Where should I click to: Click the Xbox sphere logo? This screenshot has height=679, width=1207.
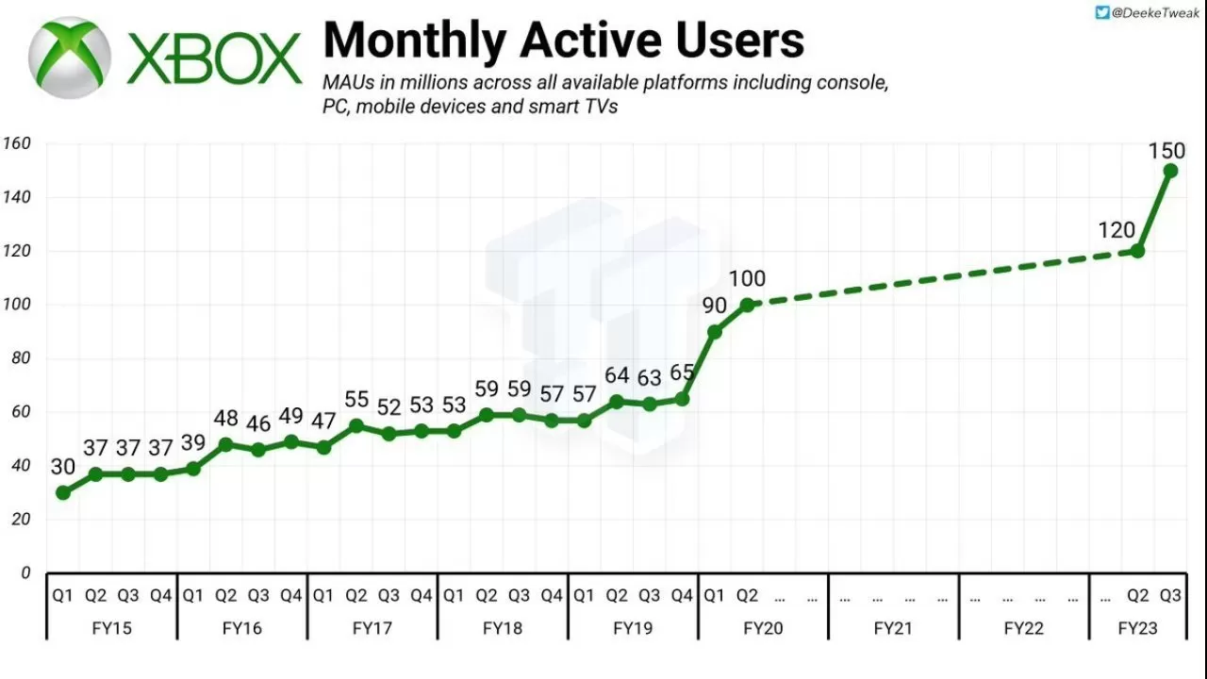point(70,57)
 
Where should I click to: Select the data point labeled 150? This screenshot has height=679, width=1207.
point(1170,171)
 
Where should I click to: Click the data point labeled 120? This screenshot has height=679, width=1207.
point(1137,251)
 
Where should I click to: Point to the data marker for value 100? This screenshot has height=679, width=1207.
point(747,305)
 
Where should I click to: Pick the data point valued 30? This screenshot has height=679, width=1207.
point(63,492)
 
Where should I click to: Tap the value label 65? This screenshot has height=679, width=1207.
point(683,372)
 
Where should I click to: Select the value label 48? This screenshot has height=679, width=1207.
point(225,419)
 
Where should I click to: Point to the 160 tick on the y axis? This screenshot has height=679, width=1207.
point(17,144)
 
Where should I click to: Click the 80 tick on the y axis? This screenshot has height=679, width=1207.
point(21,358)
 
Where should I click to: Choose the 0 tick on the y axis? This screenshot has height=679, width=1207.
point(25,572)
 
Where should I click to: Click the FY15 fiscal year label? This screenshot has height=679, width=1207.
point(112,627)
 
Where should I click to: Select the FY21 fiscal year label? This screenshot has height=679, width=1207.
point(893,627)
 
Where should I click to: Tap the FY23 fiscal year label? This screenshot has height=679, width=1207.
point(1138,627)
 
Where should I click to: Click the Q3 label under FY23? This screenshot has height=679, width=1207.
point(1170,595)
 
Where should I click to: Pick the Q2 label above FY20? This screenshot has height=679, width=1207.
point(747,595)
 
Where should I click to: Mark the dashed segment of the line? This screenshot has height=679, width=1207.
point(943,278)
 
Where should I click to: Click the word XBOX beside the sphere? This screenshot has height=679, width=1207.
point(215,58)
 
